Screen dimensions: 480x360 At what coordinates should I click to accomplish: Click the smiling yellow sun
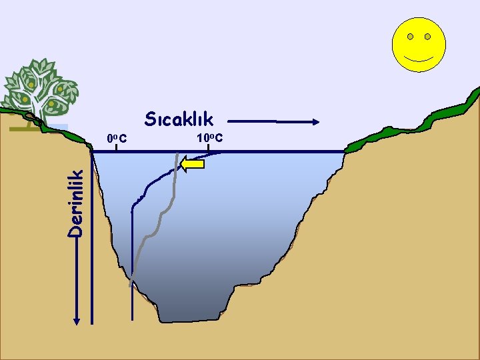tap(419, 45)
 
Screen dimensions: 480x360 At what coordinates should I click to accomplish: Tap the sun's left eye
tap(411, 36)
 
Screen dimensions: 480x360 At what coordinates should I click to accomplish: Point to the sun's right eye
tap(427, 36)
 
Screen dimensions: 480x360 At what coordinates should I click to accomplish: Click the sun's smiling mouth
tap(419, 59)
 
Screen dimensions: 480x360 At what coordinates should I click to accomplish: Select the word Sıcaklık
tap(179, 120)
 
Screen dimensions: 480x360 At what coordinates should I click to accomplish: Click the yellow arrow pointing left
tap(193, 164)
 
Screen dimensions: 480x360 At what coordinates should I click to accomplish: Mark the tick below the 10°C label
tap(208, 148)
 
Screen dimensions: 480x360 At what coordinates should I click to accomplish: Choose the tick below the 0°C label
tap(116, 148)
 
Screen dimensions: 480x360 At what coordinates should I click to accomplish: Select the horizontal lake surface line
tap(267, 152)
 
